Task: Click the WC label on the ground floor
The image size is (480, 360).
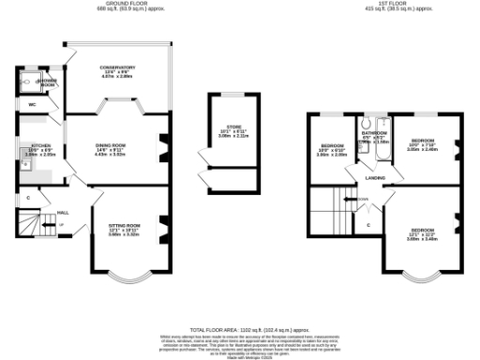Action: [31, 104]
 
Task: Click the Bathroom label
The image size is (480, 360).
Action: [375, 133]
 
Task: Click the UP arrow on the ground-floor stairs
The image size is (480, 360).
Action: [62, 225]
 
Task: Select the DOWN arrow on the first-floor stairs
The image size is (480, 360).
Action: [362, 199]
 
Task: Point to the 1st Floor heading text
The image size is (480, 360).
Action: [399, 4]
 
